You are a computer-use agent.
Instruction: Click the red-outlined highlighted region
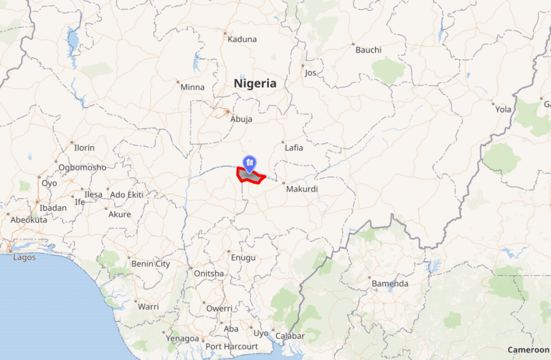point(250,176)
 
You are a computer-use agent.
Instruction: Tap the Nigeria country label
point(255,83)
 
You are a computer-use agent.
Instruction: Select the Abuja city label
point(241,119)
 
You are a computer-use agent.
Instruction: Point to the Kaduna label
point(242,39)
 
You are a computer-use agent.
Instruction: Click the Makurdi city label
point(302,189)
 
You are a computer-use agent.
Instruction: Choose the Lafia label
point(294,147)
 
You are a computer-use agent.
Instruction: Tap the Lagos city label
point(24,257)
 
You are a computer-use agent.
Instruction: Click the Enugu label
point(243,258)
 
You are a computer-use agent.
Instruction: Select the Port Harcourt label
point(231,347)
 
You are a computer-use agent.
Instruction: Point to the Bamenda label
point(390,284)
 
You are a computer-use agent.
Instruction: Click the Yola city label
point(503,109)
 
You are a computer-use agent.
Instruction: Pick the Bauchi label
point(368,50)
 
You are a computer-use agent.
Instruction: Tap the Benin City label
point(151,264)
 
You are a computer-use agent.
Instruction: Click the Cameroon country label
point(528,350)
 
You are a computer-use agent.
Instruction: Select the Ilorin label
point(84,147)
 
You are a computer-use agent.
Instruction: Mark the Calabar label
point(290,336)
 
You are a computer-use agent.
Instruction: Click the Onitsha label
point(209,273)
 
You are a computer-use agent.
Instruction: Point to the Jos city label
point(310,73)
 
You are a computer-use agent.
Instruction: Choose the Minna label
point(193,87)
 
